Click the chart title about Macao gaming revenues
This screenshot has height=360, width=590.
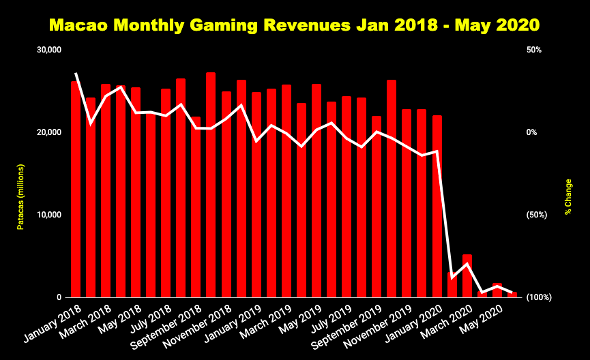click(x=295, y=26)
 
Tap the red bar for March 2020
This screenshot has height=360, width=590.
click(x=467, y=276)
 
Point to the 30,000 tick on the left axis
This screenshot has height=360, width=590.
click(x=50, y=50)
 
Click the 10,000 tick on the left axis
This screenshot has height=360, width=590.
click(x=50, y=215)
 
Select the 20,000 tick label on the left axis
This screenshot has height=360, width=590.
click(x=50, y=132)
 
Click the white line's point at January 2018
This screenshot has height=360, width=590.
click(x=76, y=73)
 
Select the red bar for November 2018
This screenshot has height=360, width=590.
click(x=226, y=194)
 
